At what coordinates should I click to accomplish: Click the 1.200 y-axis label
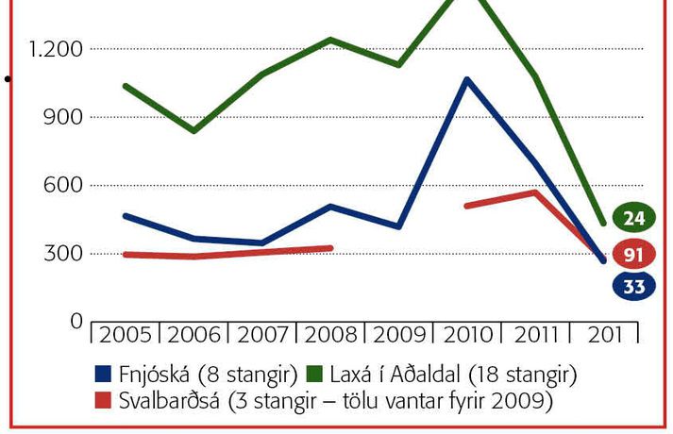pyautogui.click(x=58, y=49)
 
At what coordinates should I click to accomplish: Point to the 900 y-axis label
pyautogui.click(x=65, y=117)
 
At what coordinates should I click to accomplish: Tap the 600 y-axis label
pyautogui.click(x=65, y=185)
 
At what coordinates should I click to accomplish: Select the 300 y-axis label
pyautogui.click(x=65, y=253)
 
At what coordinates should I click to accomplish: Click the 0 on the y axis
pyautogui.click(x=76, y=321)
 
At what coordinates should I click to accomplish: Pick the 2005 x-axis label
pyautogui.click(x=125, y=335)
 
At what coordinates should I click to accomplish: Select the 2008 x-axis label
pyautogui.click(x=329, y=335)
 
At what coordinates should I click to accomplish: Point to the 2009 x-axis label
pyautogui.click(x=398, y=335)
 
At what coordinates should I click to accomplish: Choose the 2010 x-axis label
pyautogui.click(x=466, y=335)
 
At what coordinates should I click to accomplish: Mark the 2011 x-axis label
pyautogui.click(x=535, y=335)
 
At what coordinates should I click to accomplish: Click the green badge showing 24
pyautogui.click(x=633, y=219)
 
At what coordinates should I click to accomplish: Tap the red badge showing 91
pyautogui.click(x=633, y=254)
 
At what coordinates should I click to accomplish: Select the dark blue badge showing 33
pyautogui.click(x=633, y=287)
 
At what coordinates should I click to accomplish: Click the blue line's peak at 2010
pyautogui.click(x=466, y=79)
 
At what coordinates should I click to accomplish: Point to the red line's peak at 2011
pyautogui.click(x=535, y=192)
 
